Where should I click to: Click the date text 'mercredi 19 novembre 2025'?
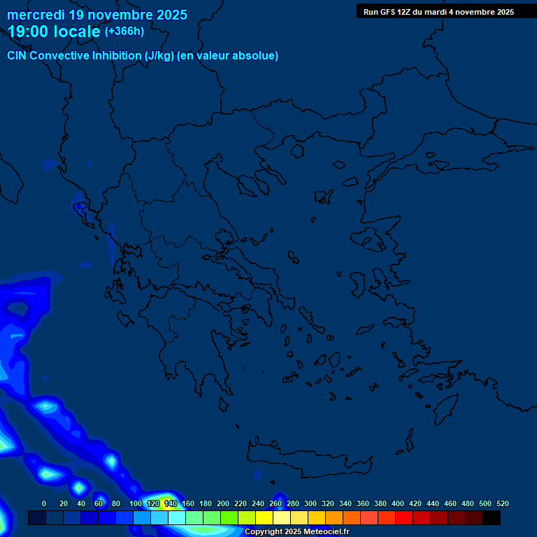(96, 15)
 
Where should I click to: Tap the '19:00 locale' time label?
(54, 31)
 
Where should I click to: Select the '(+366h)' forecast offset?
(124, 31)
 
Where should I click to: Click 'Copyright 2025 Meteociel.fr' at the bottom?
(296, 532)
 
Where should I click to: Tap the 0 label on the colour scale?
(44, 503)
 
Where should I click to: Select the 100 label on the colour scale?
(135, 503)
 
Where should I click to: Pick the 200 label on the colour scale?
(223, 503)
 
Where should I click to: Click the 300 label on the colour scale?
(310, 503)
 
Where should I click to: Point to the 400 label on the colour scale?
(398, 503)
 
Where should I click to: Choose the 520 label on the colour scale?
(503, 503)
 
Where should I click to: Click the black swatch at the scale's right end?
(492, 518)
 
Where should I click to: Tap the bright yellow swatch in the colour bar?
(264, 518)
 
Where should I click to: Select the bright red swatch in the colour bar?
(404, 518)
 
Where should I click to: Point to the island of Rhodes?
(445, 409)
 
